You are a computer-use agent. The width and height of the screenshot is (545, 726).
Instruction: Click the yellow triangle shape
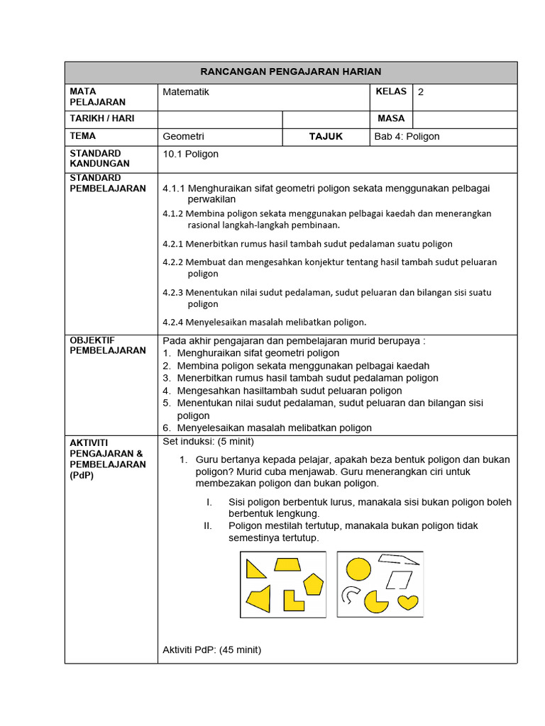coord(254,568)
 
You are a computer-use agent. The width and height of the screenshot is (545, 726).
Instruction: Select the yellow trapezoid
coord(289,564)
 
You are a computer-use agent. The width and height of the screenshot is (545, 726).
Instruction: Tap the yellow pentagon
coord(312,584)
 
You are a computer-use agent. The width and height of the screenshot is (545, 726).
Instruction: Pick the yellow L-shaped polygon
coord(292,601)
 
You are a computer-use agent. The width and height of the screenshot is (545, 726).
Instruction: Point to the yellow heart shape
coord(407,603)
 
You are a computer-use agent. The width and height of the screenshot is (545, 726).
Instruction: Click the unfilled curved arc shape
coord(350,595)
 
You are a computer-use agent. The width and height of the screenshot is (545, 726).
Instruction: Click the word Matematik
coord(186,91)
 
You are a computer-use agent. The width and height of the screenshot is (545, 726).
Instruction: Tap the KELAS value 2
coord(421,91)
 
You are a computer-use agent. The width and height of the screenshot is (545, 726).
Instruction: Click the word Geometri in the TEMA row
coord(183,136)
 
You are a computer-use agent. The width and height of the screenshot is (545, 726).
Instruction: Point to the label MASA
coord(391,118)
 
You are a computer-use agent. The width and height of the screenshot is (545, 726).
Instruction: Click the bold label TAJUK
coord(326,136)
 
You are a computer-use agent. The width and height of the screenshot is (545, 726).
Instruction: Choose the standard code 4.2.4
coord(173,322)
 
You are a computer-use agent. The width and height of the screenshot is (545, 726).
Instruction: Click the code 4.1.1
coord(173,189)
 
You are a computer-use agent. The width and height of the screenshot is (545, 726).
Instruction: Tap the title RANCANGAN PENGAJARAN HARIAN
coord(291,72)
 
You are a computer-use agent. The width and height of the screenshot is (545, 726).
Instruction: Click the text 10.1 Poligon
coord(191,154)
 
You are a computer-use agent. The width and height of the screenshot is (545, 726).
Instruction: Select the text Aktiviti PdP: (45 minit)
coord(212,649)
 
